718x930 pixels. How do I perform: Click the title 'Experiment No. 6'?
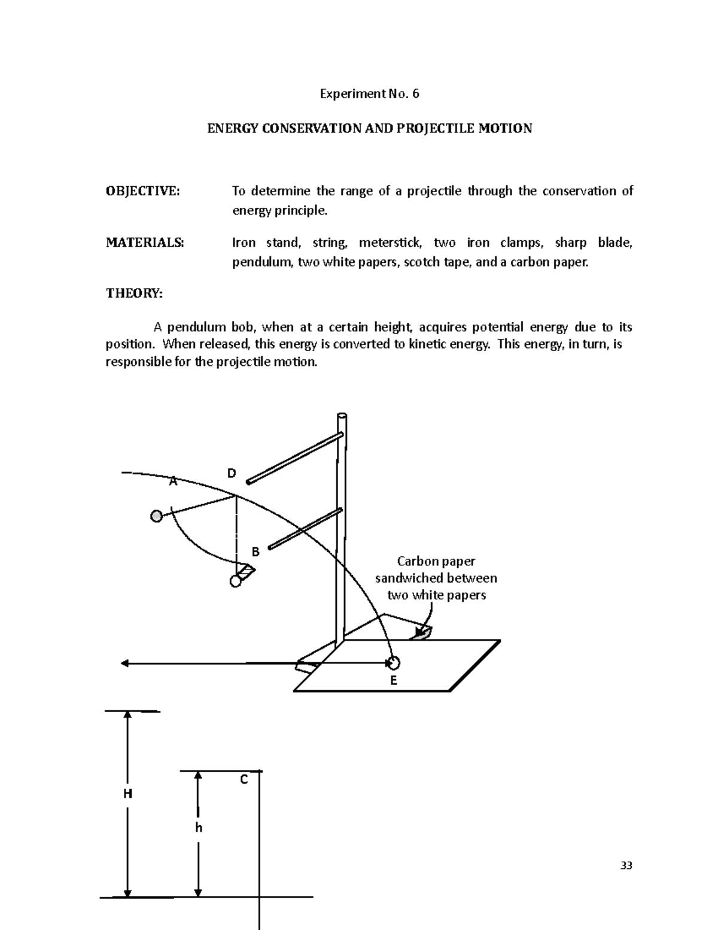[370, 94]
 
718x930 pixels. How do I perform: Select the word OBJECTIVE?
[142, 191]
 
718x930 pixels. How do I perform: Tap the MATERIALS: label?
[145, 243]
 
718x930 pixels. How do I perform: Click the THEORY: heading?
[134, 293]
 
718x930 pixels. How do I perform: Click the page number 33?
[626, 865]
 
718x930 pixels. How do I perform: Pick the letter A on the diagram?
[173, 481]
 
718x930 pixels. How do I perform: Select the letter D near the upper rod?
[232, 474]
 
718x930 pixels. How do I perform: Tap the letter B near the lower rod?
[255, 552]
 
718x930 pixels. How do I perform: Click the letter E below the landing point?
[393, 680]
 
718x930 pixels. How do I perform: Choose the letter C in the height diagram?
[244, 780]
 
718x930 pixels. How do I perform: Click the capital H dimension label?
[127, 794]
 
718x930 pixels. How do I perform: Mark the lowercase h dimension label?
[199, 828]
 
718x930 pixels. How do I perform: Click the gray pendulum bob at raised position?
[157, 516]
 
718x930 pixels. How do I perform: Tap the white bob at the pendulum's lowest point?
[235, 581]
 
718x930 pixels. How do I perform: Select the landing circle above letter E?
[393, 663]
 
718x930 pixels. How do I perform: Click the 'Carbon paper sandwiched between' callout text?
[436, 569]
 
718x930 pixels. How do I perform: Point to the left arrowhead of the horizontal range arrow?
[125, 663]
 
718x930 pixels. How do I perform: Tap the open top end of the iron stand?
[342, 416]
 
